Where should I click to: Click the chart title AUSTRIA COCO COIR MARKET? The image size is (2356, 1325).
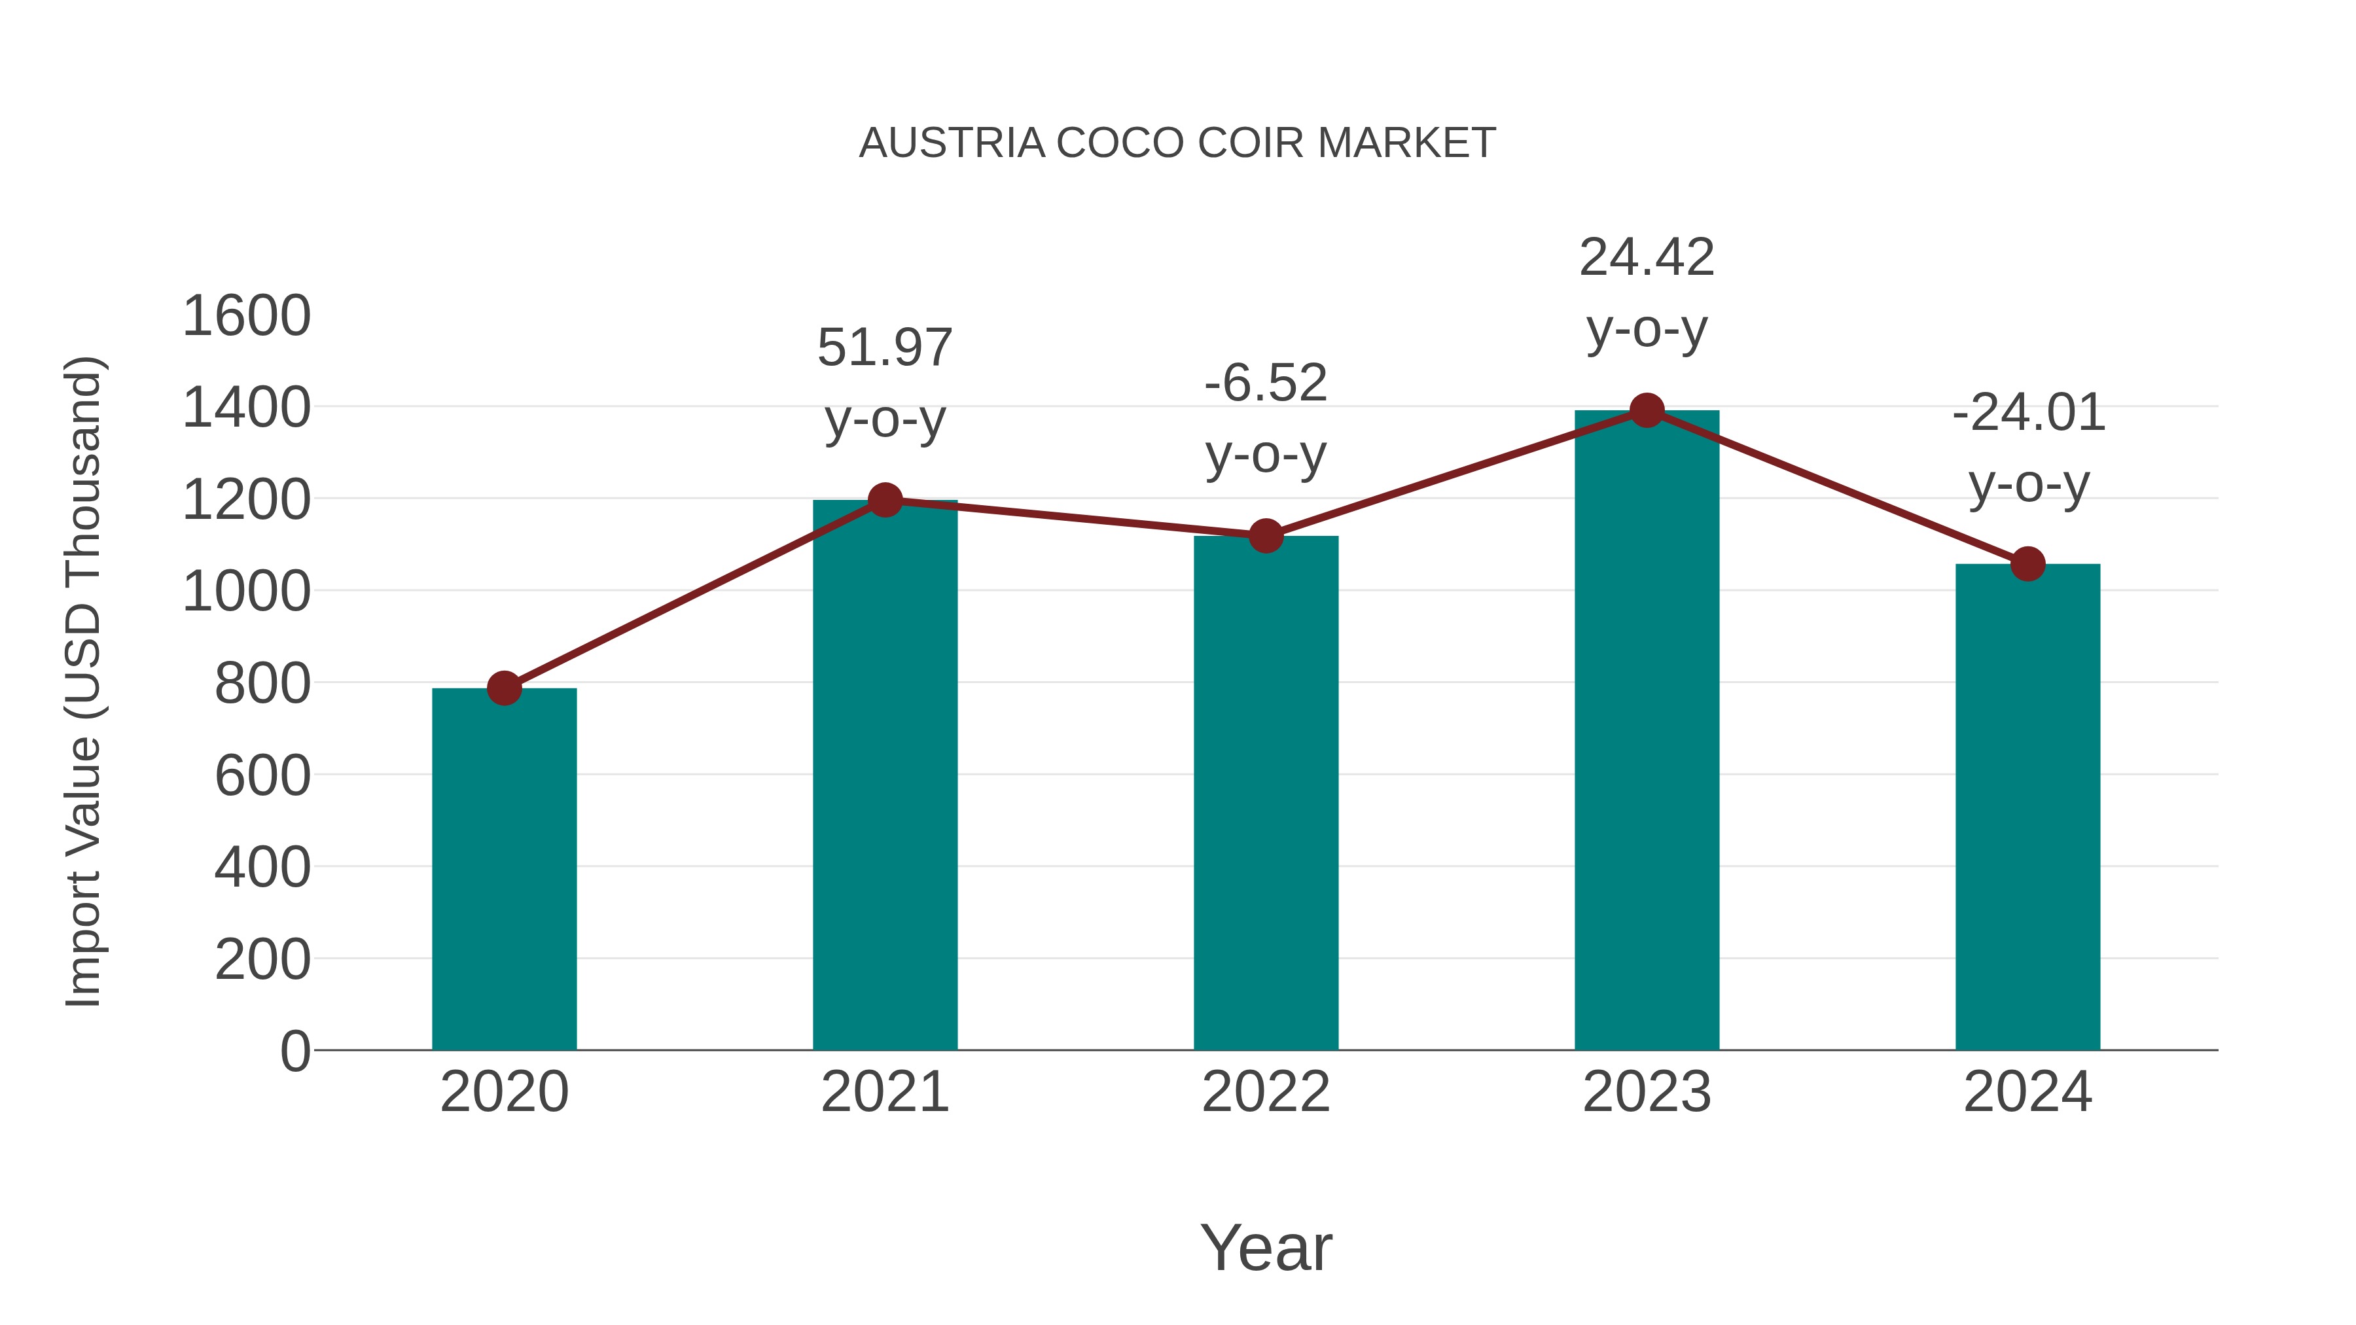(1177, 143)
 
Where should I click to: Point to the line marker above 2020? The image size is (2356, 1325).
(504, 688)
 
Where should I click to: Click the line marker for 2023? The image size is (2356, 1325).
(1647, 410)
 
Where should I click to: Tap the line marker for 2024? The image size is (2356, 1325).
(2027, 564)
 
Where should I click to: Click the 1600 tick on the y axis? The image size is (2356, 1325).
(247, 317)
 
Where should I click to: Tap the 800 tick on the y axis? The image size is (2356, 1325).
(262, 683)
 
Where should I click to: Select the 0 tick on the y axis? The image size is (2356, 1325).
(294, 1051)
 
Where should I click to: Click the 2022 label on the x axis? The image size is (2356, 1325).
(1266, 1092)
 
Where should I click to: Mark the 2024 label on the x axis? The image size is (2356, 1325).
(2027, 1092)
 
